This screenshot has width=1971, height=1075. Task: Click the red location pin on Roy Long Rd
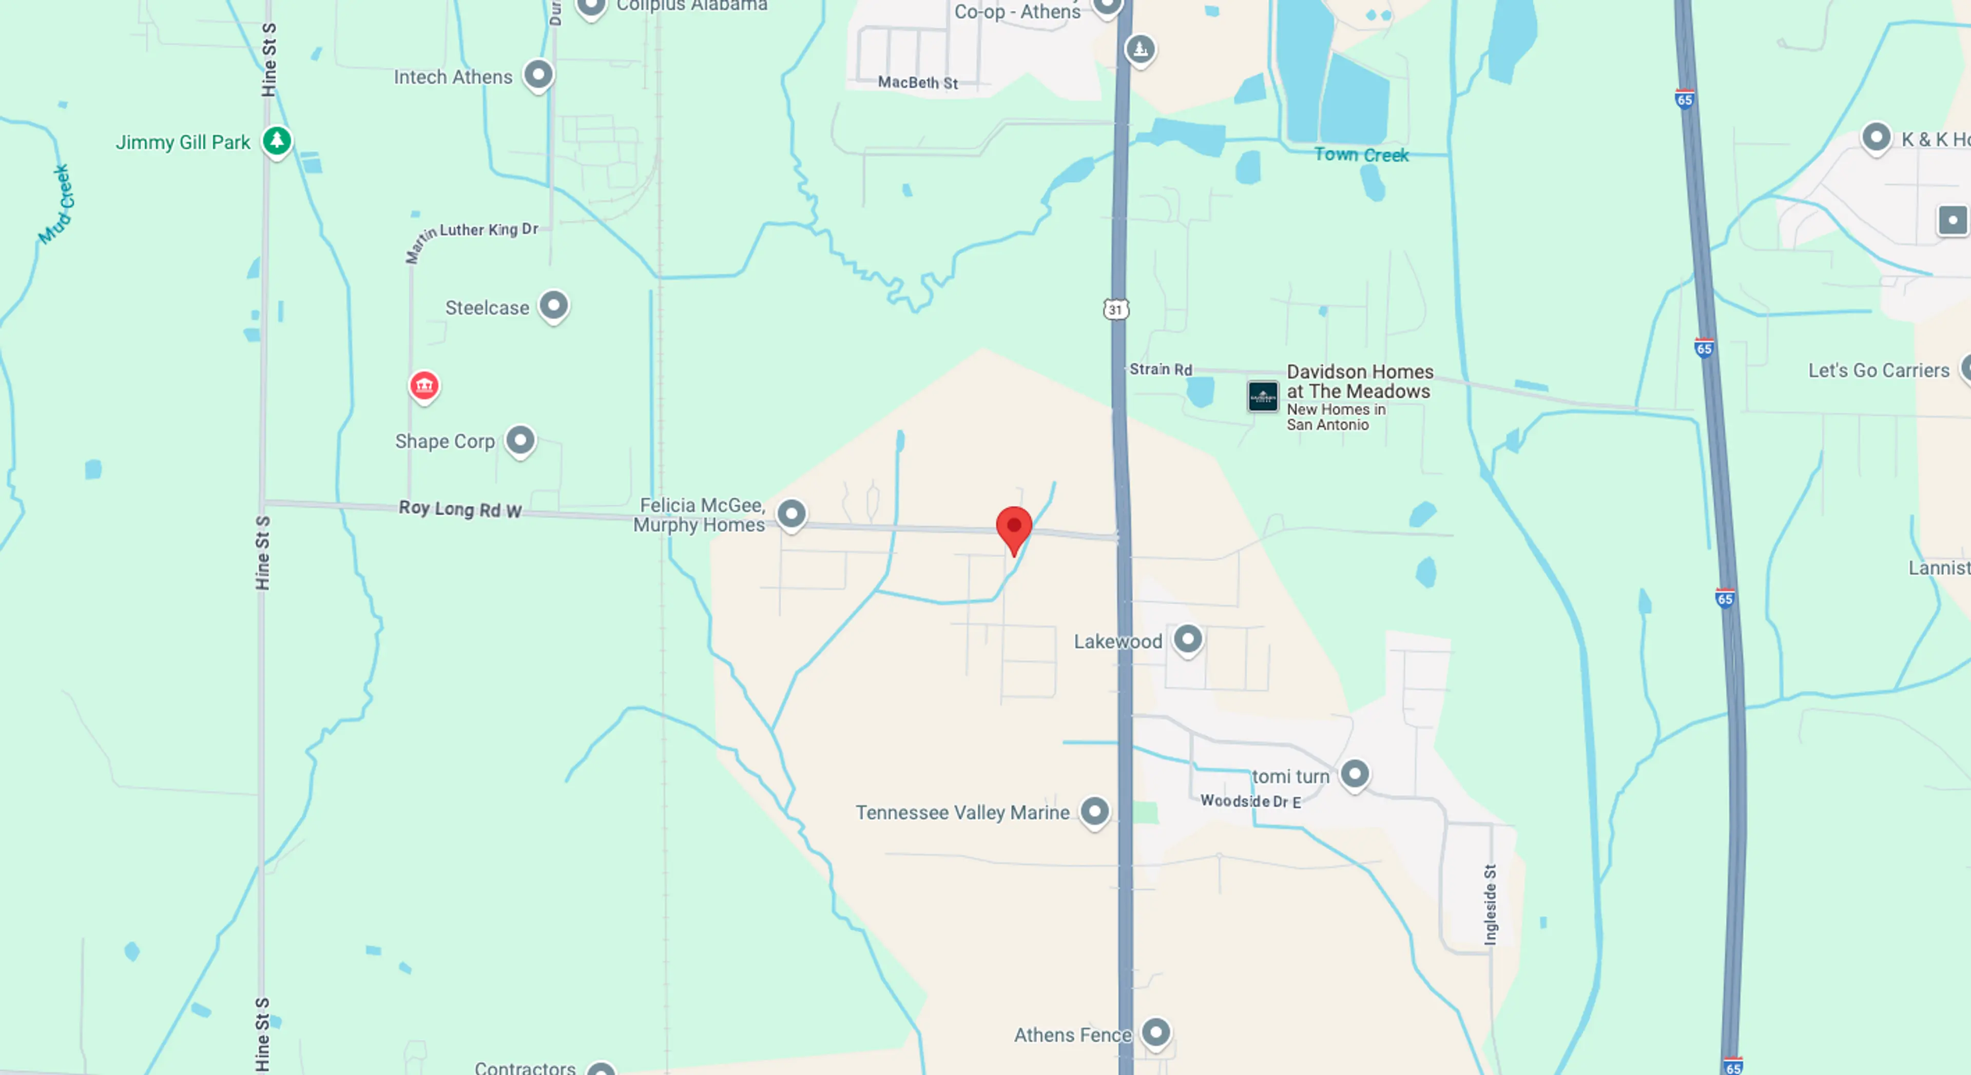pyautogui.click(x=1014, y=527)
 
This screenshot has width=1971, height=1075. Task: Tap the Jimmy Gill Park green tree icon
pyautogui.click(x=277, y=141)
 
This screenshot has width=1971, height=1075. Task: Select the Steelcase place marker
pyautogui.click(x=553, y=305)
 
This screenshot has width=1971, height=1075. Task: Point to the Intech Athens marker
pyautogui.click(x=538, y=75)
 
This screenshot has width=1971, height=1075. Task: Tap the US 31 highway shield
pyautogui.click(x=1115, y=309)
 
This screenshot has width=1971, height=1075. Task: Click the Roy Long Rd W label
pyautogui.click(x=460, y=509)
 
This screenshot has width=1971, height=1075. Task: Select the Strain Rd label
pyautogui.click(x=1160, y=369)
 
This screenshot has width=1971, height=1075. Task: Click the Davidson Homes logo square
pyautogui.click(x=1263, y=396)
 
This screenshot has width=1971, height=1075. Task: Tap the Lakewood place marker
pyautogui.click(x=1188, y=638)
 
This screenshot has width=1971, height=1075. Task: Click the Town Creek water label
pyautogui.click(x=1361, y=154)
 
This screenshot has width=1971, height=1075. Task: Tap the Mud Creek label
pyautogui.click(x=56, y=204)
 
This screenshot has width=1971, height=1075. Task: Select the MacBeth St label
pyautogui.click(x=917, y=82)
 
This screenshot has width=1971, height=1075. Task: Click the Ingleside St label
pyautogui.click(x=1490, y=904)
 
